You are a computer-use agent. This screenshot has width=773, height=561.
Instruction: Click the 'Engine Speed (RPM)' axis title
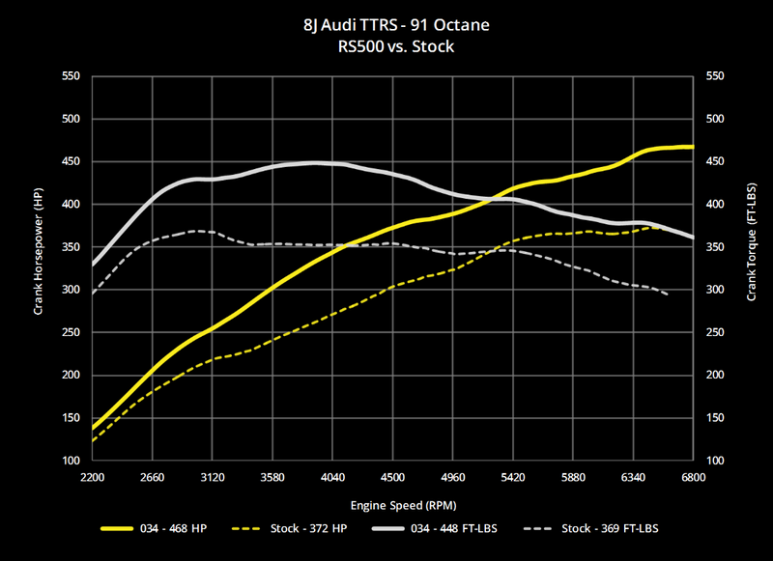(x=391, y=504)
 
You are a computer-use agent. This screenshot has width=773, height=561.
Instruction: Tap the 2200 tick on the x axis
(x=93, y=477)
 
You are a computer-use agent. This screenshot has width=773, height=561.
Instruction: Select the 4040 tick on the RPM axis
(x=332, y=477)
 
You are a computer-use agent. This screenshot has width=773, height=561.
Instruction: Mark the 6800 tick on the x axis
(x=693, y=477)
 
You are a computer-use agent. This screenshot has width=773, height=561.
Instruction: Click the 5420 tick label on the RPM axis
(x=513, y=477)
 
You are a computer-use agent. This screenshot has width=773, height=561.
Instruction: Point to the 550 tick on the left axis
(x=71, y=77)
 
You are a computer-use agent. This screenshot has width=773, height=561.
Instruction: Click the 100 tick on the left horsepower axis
(x=71, y=461)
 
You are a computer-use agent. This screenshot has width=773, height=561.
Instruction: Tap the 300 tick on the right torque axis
(x=716, y=290)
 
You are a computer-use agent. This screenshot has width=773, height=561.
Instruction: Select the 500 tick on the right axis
(x=716, y=120)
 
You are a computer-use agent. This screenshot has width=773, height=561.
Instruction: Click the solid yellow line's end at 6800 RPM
(x=692, y=147)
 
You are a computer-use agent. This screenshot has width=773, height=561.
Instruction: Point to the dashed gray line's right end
(x=668, y=295)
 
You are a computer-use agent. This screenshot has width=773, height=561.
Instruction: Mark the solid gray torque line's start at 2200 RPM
(x=93, y=264)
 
